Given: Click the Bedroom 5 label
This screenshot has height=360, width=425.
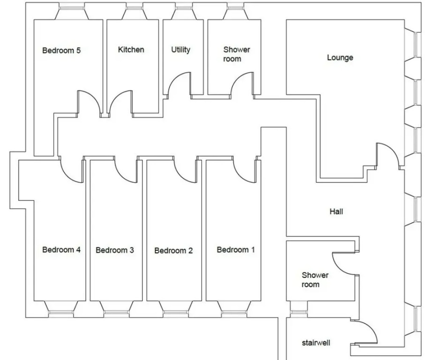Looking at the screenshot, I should point(61,50).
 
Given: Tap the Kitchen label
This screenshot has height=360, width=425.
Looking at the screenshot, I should point(131,49).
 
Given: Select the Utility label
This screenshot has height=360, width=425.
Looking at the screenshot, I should point(180,49).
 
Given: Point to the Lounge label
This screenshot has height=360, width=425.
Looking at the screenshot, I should point(340,58).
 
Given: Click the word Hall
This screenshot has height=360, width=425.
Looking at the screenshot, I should point(336,211).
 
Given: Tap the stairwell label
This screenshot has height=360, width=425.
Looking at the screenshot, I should point(316,343).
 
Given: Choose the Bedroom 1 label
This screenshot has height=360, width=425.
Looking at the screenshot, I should point(236,249).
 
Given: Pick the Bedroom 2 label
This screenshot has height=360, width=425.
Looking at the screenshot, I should point(173,250).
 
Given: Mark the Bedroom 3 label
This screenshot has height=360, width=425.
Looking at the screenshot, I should point(115,250).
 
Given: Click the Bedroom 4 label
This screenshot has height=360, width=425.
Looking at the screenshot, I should point(61,249).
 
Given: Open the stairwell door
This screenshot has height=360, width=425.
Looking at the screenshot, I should point(364,333).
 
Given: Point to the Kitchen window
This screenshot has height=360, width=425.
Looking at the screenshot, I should point(134,8).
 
